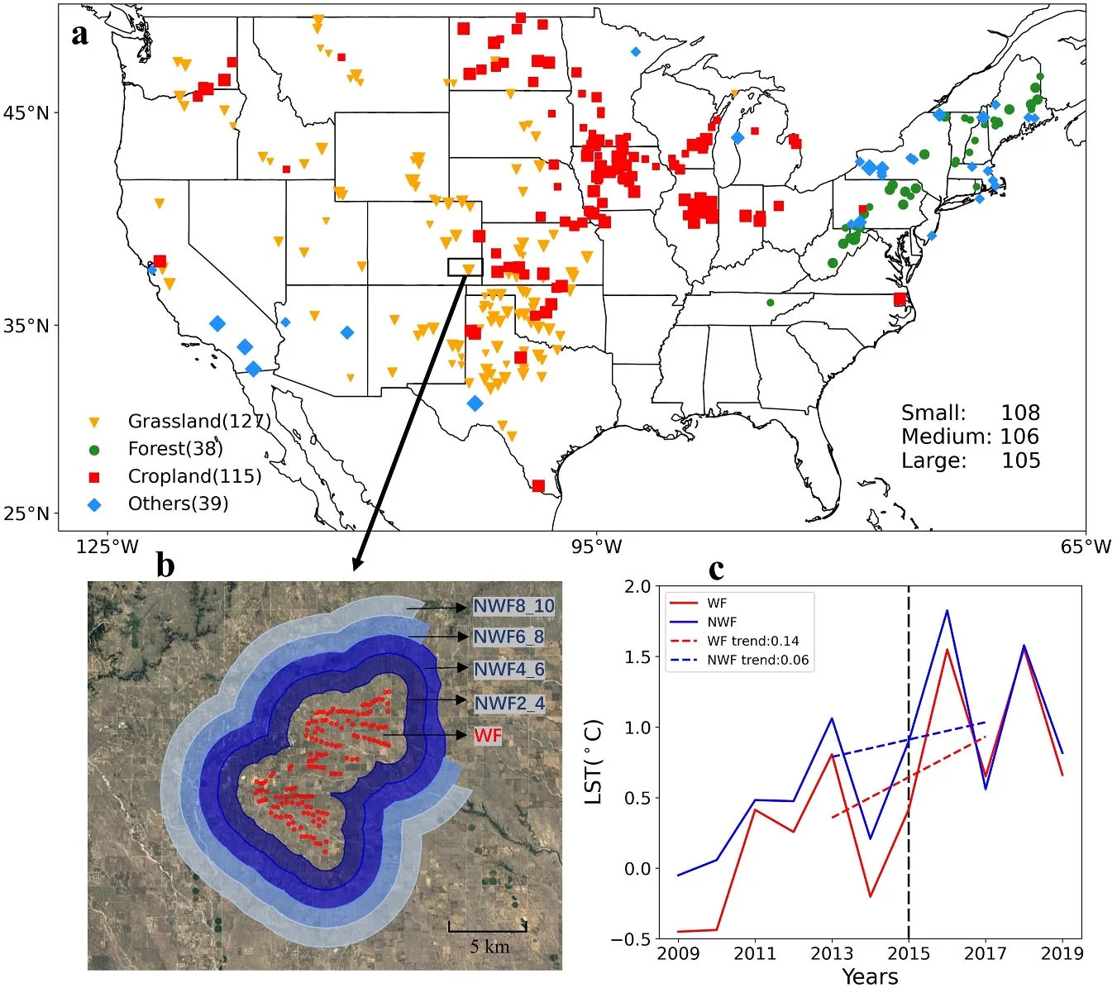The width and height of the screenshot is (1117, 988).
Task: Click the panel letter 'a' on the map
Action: coord(80,35)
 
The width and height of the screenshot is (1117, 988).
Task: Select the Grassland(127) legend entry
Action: coord(198,421)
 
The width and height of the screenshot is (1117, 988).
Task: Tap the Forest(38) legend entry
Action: coord(174,449)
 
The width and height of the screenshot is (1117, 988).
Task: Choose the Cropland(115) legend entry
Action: coord(193,476)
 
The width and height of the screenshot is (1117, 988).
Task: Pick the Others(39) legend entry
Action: coord(178,504)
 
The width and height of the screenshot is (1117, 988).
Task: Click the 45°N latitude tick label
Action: coord(26,112)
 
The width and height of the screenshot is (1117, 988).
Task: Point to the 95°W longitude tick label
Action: coord(596,547)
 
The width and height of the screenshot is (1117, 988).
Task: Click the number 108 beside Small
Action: coord(1020,413)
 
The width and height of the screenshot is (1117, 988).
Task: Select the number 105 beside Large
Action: coord(1020,461)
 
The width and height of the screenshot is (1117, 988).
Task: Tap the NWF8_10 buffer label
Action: coord(513,606)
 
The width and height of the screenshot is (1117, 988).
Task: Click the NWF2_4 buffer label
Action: coord(508,704)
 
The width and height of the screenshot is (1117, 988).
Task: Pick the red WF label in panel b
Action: coord(488,735)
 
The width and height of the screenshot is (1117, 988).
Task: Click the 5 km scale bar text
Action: coord(489,947)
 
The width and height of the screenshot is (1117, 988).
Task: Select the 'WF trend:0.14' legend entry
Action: coord(752,641)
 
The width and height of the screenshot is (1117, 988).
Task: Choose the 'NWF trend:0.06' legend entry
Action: coord(757,660)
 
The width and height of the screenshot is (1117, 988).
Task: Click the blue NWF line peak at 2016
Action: coord(947,611)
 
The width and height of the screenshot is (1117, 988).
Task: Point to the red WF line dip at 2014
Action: coord(870,896)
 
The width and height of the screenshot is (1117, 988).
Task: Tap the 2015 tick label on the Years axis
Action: coord(909,953)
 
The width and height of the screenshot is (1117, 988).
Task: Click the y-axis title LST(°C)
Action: coord(594,762)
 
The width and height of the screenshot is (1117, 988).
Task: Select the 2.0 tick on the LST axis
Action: coord(638,586)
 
